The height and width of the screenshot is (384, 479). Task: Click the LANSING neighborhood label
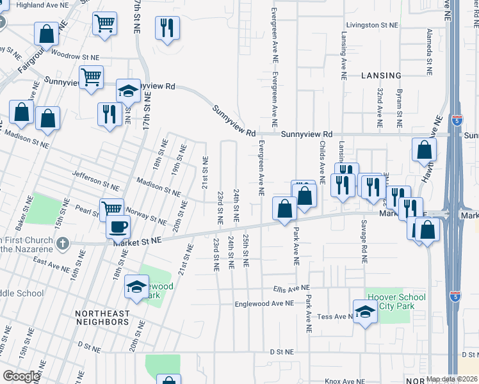(380, 75)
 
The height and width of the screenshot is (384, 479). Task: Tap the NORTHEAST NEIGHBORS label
(102, 317)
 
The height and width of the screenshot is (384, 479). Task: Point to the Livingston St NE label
(372, 26)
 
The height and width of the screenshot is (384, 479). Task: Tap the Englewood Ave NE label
(264, 303)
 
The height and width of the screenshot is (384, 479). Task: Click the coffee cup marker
(118, 226)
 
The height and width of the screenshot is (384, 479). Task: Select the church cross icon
(62, 243)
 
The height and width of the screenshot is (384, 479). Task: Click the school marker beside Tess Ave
(365, 312)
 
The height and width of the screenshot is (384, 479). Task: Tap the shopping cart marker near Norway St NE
(111, 208)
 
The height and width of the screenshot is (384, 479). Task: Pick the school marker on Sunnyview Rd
(128, 90)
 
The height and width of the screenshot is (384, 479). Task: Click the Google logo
(21, 376)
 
